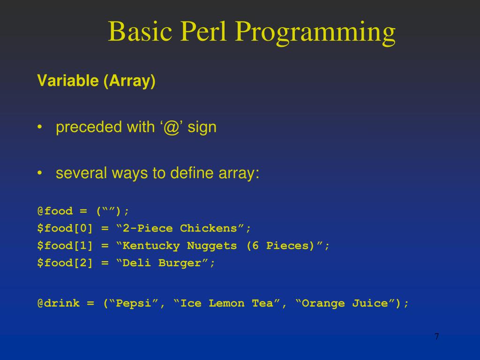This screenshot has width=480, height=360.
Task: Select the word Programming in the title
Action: (x=315, y=33)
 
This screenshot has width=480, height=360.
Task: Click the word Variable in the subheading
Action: (x=67, y=81)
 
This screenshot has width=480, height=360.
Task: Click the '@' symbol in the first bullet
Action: (x=171, y=127)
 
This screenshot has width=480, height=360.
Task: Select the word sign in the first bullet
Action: (x=202, y=127)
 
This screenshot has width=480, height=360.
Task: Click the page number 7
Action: (x=437, y=337)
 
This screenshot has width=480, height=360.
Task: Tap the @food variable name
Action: (x=55, y=211)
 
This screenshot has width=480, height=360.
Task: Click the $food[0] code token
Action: (x=65, y=229)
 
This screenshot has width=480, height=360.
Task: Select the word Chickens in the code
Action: (x=209, y=228)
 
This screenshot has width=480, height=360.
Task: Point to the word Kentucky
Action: (x=151, y=246)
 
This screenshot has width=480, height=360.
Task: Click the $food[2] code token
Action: (x=65, y=263)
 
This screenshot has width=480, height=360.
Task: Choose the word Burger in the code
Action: (x=180, y=263)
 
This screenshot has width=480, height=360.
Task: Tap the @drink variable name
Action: (x=59, y=303)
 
